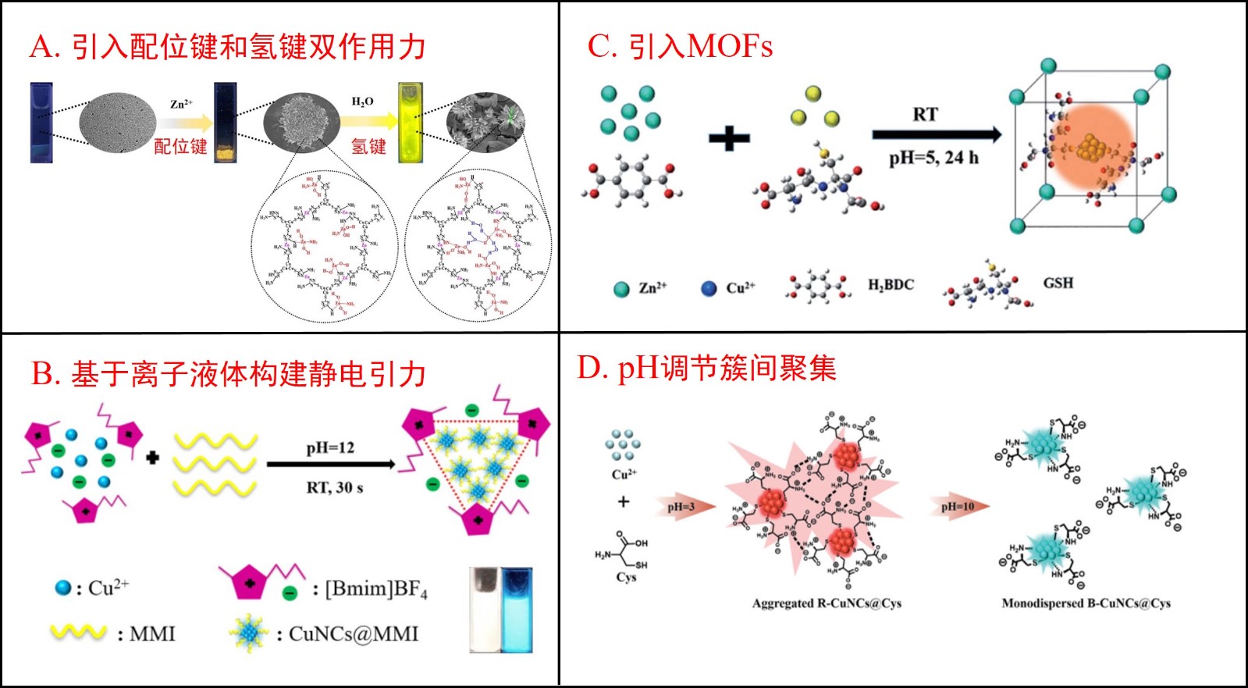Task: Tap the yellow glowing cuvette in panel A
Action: (411, 123)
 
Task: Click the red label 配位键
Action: (180, 146)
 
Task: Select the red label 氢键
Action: (368, 146)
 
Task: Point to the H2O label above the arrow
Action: (363, 102)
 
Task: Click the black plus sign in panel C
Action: (729, 139)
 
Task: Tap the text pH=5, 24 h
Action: (933, 158)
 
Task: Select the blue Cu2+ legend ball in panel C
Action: (709, 288)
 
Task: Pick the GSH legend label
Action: (1058, 283)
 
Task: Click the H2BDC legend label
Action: (891, 285)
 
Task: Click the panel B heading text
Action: (228, 374)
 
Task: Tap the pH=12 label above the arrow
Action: (330, 448)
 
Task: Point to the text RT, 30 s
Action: (334, 488)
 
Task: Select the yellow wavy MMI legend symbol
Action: (78, 633)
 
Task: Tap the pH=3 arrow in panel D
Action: (684, 507)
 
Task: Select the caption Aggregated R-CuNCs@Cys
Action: (827, 603)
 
